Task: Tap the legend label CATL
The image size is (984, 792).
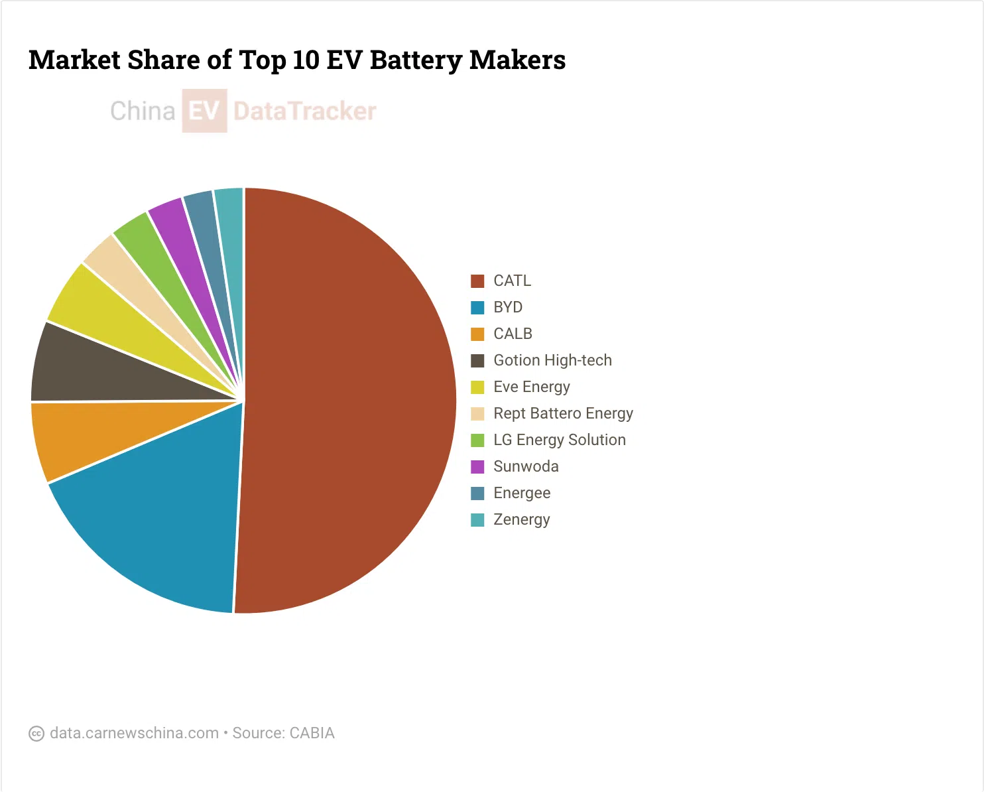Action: [x=512, y=281]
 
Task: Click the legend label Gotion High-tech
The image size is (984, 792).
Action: [x=552, y=360]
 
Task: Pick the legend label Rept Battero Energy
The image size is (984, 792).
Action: [x=563, y=413]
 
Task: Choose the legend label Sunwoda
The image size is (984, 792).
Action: [x=526, y=466]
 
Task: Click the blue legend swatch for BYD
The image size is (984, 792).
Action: [x=477, y=307]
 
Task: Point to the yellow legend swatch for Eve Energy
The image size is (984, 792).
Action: [x=477, y=387]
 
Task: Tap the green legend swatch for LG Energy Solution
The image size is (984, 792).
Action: [x=477, y=440]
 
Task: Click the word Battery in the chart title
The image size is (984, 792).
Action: [x=416, y=60]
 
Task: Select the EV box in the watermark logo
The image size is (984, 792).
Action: [x=205, y=111]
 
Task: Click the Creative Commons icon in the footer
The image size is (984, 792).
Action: [x=36, y=734]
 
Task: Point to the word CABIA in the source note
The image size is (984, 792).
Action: [x=312, y=733]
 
